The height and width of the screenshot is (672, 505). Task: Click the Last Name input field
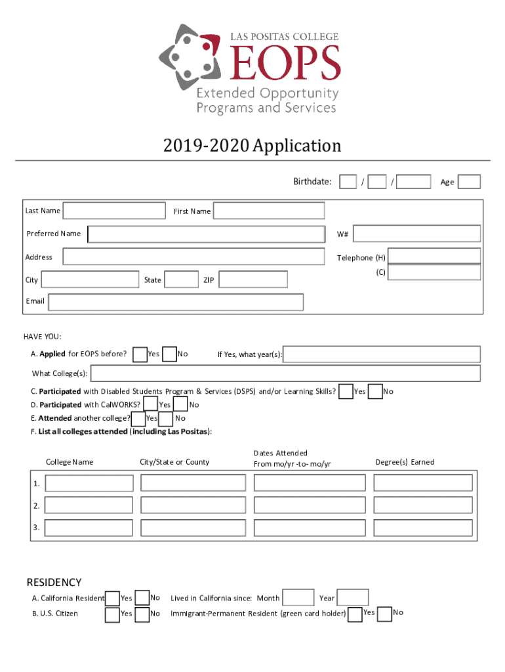[114, 211]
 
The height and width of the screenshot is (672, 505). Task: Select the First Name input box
[269, 211]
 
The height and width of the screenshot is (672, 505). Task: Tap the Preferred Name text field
[207, 234]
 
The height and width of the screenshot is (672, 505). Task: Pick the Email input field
[176, 302]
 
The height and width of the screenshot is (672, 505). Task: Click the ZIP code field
[253, 280]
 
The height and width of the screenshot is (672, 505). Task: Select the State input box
[181, 280]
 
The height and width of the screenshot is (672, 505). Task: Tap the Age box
[469, 182]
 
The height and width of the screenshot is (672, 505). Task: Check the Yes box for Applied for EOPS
[140, 354]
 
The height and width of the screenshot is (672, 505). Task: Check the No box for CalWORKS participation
[180, 404]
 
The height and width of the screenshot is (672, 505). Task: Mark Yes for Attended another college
[138, 418]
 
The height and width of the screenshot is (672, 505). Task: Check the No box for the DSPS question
[375, 391]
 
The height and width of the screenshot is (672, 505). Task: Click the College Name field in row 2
[89, 505]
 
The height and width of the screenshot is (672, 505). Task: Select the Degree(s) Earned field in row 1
[422, 483]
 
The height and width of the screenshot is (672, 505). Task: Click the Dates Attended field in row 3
[309, 528]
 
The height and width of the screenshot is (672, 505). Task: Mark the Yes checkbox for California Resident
[112, 598]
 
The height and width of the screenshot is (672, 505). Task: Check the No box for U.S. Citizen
[142, 614]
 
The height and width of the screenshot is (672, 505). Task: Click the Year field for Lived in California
[353, 597]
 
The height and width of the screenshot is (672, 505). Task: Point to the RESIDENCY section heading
[54, 582]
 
